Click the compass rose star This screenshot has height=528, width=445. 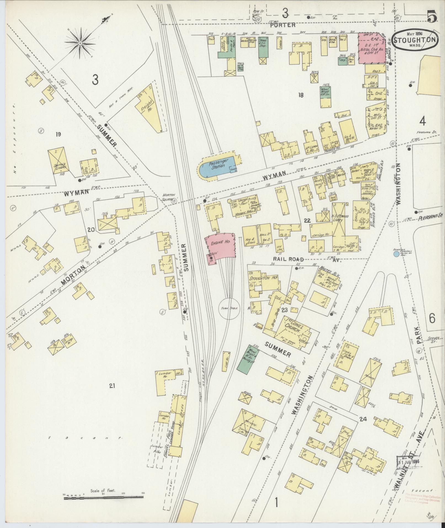[80, 43]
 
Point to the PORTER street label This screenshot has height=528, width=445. [283, 25]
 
